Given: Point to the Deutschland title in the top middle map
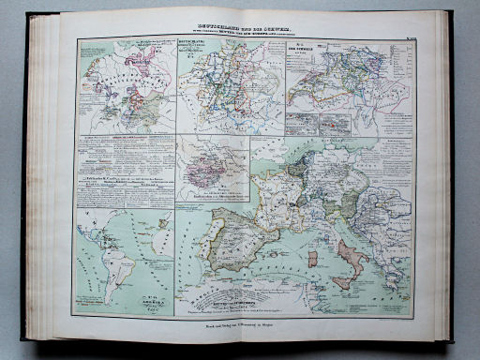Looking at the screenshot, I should [x=193, y=51].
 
